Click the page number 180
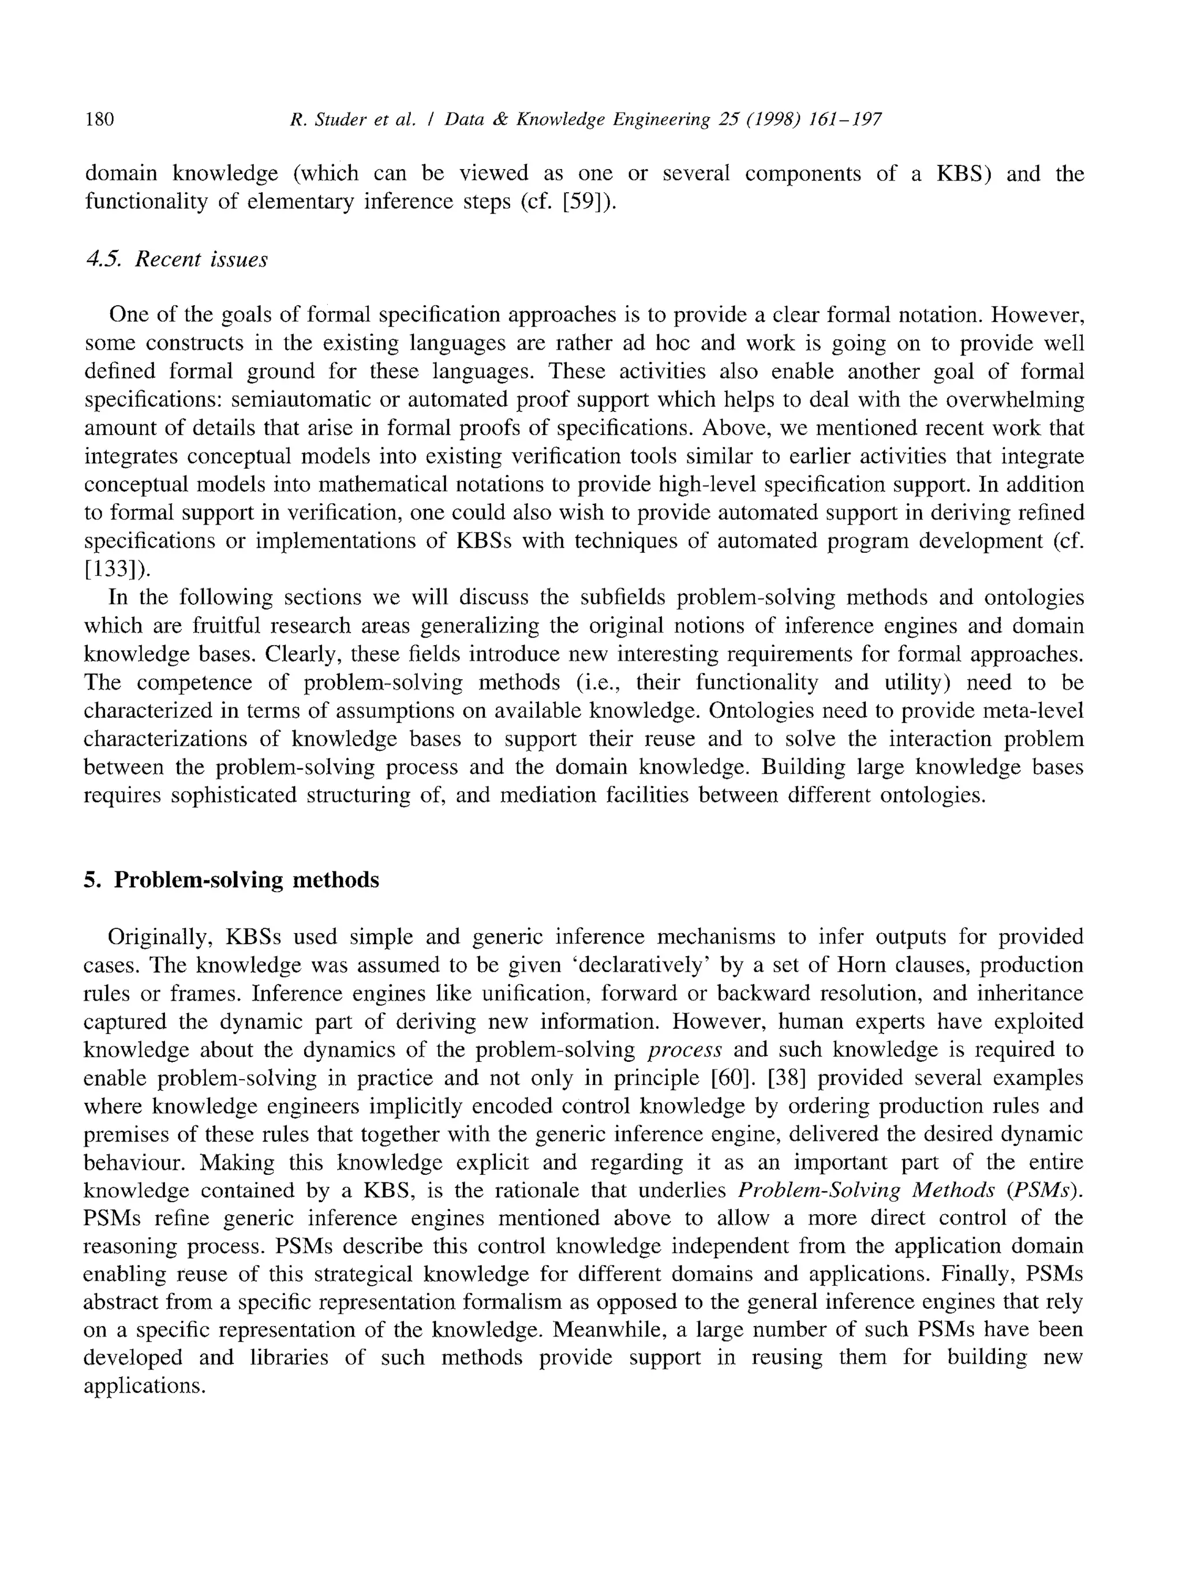click(99, 119)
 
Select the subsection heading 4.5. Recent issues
click(176, 259)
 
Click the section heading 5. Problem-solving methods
click(231, 881)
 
